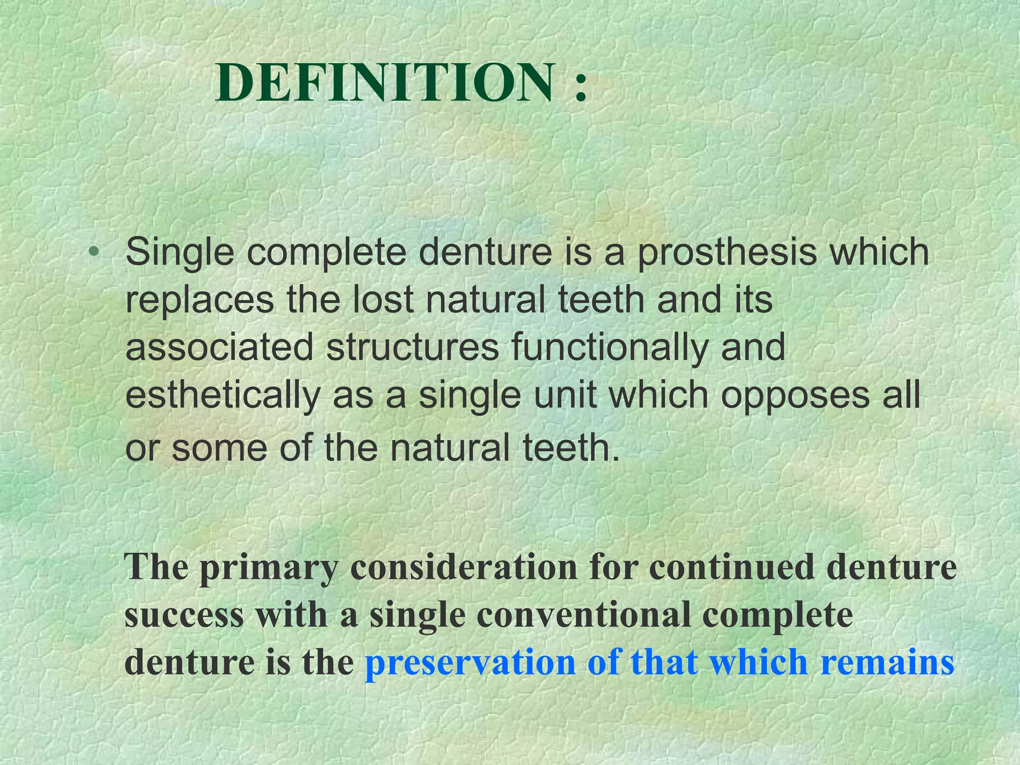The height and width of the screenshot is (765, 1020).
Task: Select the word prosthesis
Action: click(x=727, y=253)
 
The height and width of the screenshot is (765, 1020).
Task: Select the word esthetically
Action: click(x=223, y=396)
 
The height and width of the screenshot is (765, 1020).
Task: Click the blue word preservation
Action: click(x=470, y=663)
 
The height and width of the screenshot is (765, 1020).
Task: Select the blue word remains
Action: click(x=887, y=663)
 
